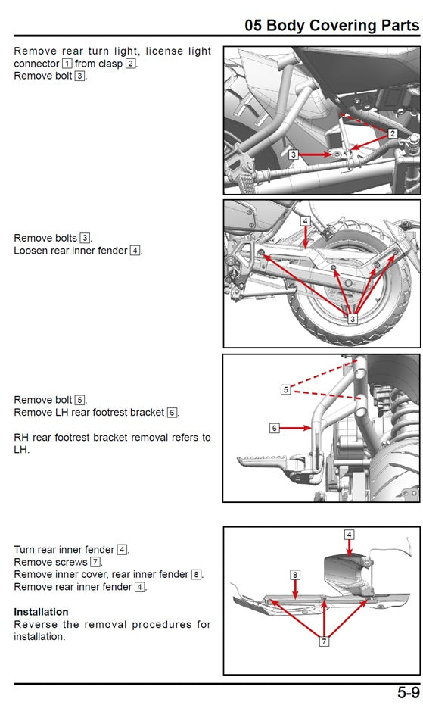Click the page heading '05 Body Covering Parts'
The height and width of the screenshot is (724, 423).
[332, 25]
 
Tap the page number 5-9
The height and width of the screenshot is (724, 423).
[409, 693]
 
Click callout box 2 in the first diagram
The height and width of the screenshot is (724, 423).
[392, 133]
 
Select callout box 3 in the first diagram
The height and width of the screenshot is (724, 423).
[294, 154]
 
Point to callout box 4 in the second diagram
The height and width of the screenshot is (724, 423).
[305, 221]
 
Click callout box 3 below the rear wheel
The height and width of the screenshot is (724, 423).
[353, 319]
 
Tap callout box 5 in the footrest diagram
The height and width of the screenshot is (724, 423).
[286, 390]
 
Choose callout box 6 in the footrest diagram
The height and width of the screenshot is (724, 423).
[275, 429]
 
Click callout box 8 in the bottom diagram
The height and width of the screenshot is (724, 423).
[295, 575]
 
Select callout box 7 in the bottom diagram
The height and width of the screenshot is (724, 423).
[325, 641]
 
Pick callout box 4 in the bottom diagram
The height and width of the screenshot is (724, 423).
[349, 535]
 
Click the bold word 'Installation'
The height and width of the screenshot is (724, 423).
[41, 612]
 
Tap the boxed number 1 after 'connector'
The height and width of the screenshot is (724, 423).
[67, 64]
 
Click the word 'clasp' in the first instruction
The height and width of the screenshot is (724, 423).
[110, 64]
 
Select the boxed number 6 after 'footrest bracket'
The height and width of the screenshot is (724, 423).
[172, 412]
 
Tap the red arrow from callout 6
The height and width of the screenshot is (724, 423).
[296, 429]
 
